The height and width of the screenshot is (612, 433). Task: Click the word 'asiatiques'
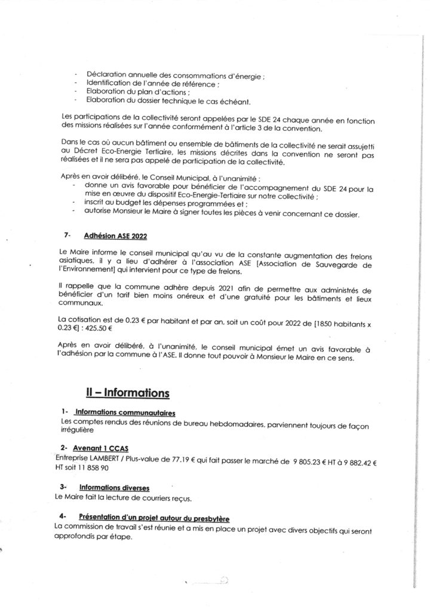(x=79, y=262)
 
